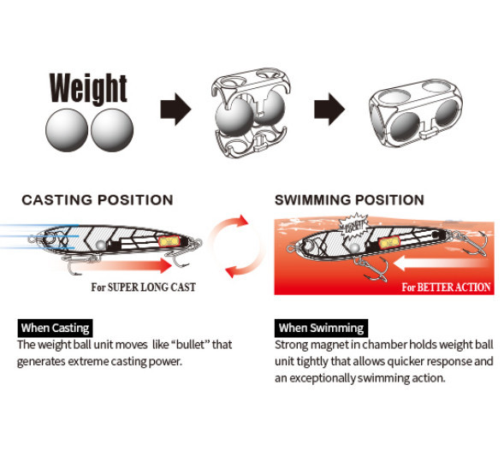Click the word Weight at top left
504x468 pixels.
coord(88,88)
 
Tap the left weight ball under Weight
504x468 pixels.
coord(67,130)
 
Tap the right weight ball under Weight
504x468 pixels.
coord(112,130)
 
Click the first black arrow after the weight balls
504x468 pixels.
coord(175,110)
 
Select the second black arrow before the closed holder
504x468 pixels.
coord(329,110)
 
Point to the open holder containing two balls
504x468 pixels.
coord(250,112)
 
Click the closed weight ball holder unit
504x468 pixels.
coord(415,113)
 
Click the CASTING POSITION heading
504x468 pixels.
coord(98,200)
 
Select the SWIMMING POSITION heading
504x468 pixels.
coord(349,200)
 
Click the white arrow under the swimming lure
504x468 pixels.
coord(441,263)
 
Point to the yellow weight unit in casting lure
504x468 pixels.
coord(169,241)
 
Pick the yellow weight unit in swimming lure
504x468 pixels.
coord(390,242)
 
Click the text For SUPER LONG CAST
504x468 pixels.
coord(144,287)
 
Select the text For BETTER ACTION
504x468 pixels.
coord(446,287)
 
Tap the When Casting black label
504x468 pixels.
coord(56,329)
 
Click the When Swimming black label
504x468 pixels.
coord(322,329)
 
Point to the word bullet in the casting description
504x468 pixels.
coord(190,345)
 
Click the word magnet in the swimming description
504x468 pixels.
coord(330,345)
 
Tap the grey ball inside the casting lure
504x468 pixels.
coord(101,246)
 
